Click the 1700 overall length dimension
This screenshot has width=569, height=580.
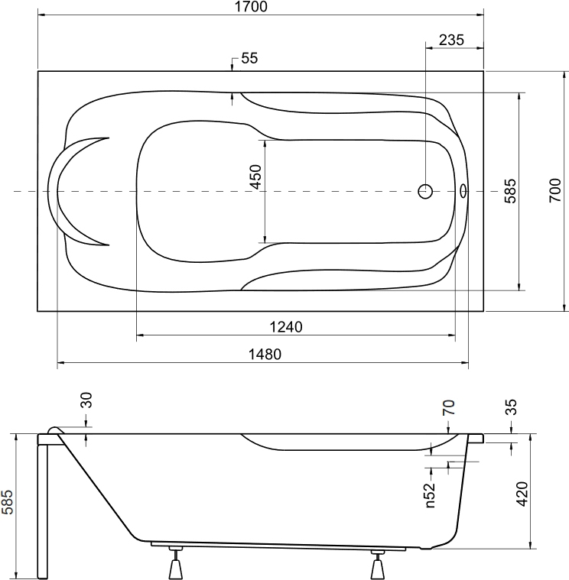pyautogui.click(x=251, y=7)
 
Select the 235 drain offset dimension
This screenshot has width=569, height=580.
pyautogui.click(x=451, y=40)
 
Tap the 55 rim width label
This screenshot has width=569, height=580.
pyautogui.click(x=249, y=58)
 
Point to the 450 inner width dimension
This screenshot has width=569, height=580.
pyautogui.click(x=255, y=177)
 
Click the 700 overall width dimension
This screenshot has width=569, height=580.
pyautogui.click(x=555, y=190)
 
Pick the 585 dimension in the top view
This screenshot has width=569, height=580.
pyautogui.click(x=510, y=191)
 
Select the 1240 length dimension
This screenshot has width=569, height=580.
pyautogui.click(x=286, y=327)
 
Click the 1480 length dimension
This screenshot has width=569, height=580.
pyautogui.click(x=265, y=355)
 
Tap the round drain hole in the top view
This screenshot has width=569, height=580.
pyautogui.click(x=425, y=191)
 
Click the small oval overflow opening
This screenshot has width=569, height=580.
pyautogui.click(x=463, y=191)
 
